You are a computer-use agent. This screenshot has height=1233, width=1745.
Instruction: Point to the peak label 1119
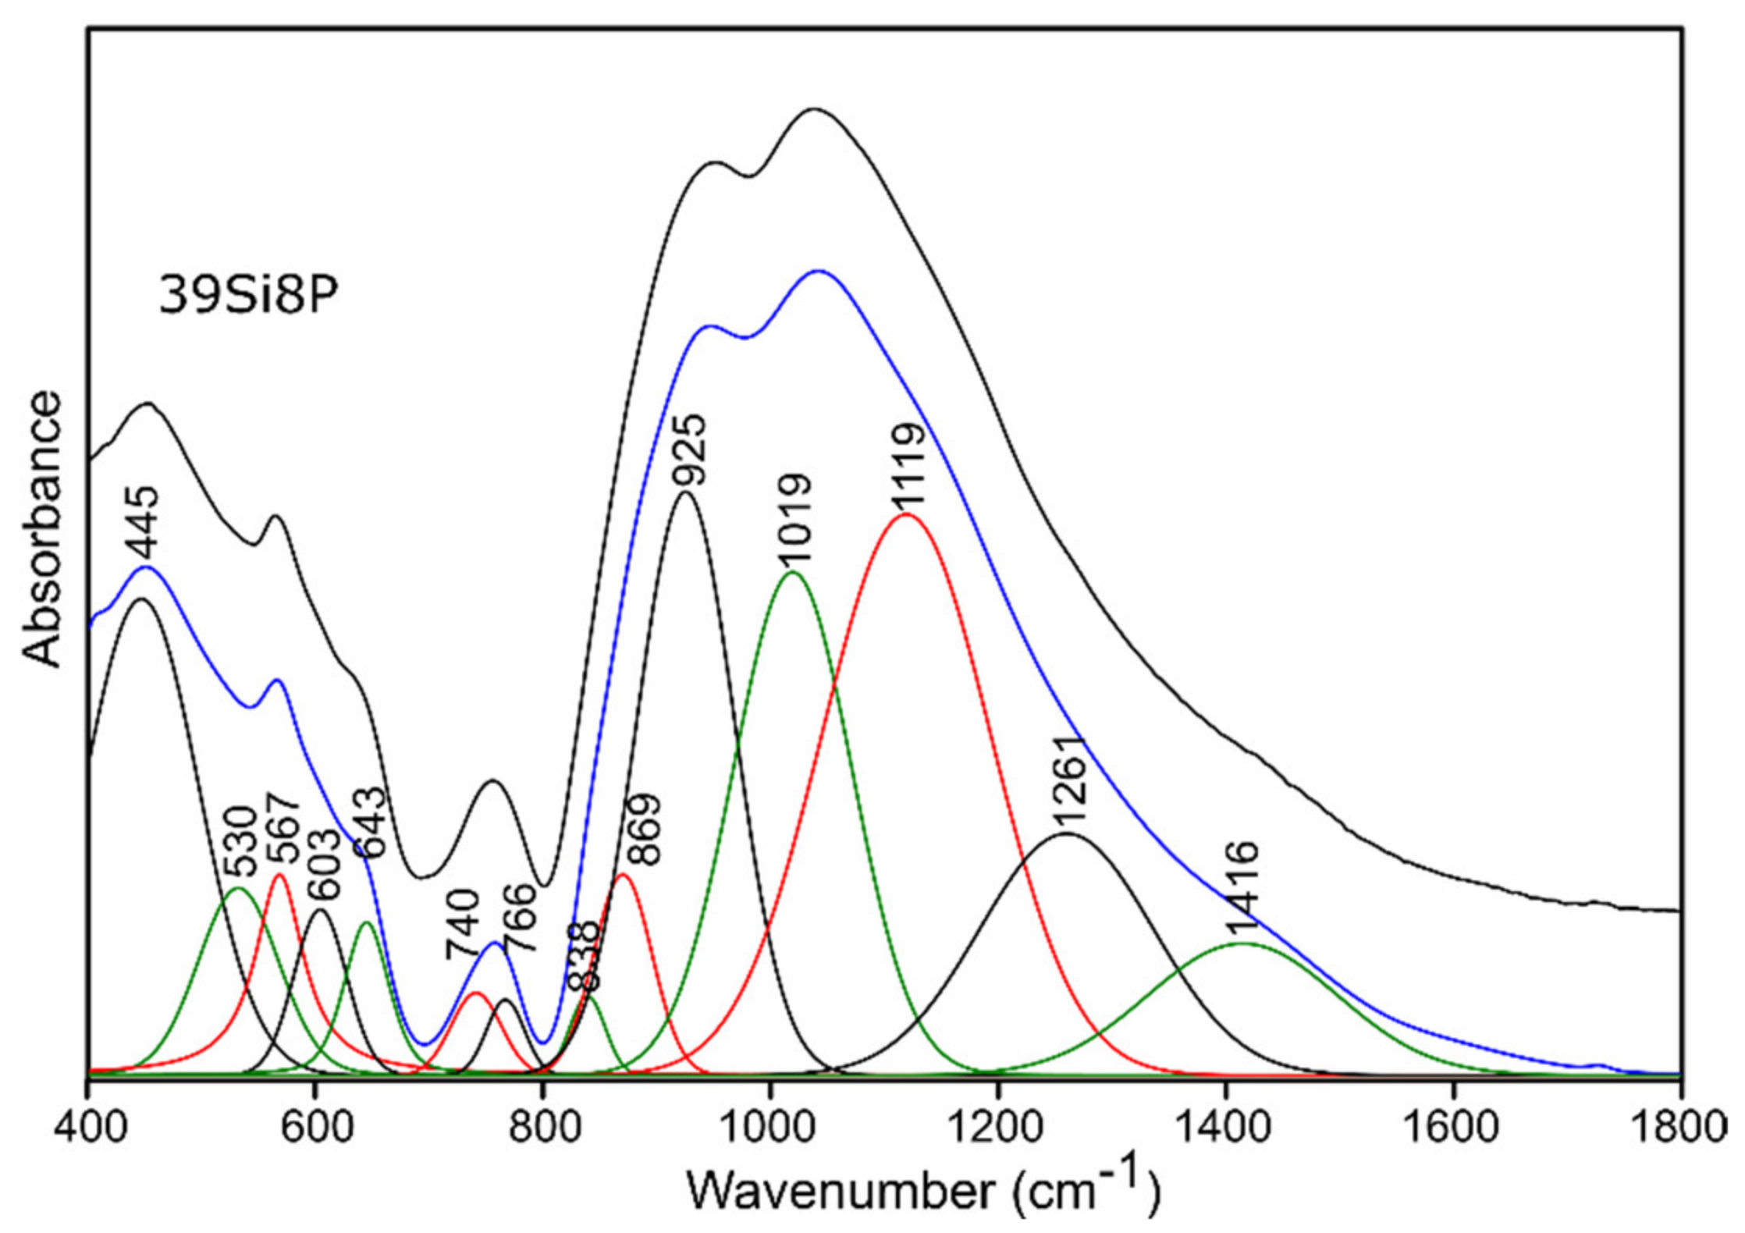pyautogui.click(x=909, y=467)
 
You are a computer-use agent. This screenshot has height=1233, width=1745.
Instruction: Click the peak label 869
pyautogui.click(x=645, y=830)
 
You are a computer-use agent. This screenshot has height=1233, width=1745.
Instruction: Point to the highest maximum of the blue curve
pyautogui.click(x=818, y=271)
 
